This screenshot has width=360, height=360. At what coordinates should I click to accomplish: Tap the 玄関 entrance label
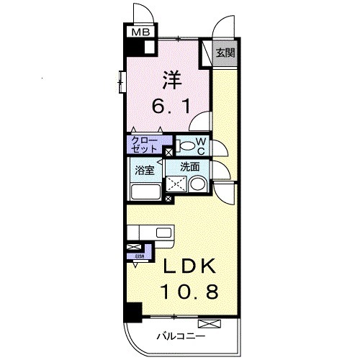[x=226, y=52]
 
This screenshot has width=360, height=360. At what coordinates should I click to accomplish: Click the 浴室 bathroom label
[x=145, y=171]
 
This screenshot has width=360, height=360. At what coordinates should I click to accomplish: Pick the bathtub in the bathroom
[x=145, y=192]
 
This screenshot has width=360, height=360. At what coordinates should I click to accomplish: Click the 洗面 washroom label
[x=189, y=166]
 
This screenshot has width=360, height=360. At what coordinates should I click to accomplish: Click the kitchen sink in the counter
[x=163, y=233]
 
